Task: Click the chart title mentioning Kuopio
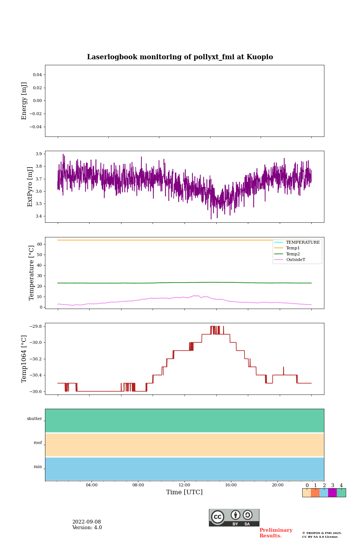pos(180,57)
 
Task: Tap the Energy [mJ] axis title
pos(24,101)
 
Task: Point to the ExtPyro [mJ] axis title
pos(30,187)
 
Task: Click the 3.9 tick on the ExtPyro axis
pos(38,154)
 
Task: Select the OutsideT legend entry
pos(295,260)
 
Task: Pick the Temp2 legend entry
pos(293,254)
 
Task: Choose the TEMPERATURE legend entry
pos(303,242)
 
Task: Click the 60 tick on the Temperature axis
pos(39,244)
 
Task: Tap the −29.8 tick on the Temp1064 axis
pos(34,326)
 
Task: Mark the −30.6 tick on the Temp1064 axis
pos(34,391)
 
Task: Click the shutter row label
pos(34,419)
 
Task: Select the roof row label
pos(38,443)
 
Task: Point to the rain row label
pos(38,467)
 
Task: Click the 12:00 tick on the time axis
pos(184,485)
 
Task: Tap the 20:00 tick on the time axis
pos(277,485)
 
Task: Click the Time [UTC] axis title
pos(184,492)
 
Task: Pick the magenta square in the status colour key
pos(332,493)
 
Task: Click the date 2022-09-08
pos(87,522)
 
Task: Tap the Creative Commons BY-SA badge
pos(234,517)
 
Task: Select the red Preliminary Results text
pos(276,533)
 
